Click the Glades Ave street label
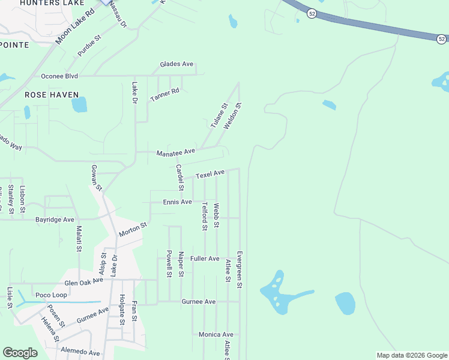coord(176,64)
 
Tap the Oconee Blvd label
coord(59,76)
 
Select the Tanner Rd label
coord(165,94)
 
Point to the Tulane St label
coord(219,116)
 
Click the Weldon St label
coord(232,116)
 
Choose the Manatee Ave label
coord(176,152)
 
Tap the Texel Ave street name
coord(209,173)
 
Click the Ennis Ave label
coord(177,202)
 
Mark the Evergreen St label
coord(239,270)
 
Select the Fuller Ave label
coord(205,259)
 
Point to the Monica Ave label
coord(216,334)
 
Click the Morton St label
coord(133,229)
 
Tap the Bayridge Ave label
coord(54,220)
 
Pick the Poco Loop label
coord(51,295)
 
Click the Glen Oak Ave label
coord(84,282)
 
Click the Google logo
coord(20,353)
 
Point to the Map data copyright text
coord(411,355)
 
